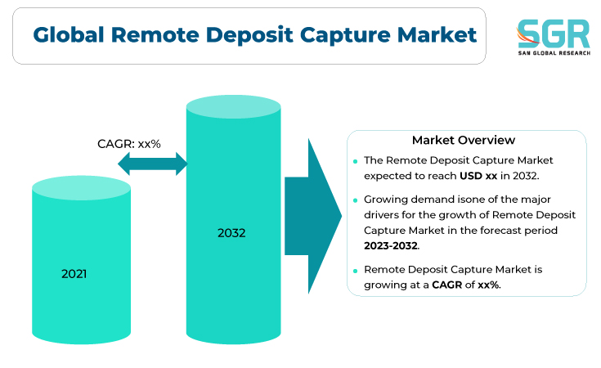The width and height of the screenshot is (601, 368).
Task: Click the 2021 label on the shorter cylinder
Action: click(x=74, y=274)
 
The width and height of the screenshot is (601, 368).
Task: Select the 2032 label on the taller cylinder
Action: click(x=231, y=233)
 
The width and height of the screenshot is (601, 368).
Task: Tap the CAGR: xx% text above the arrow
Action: click(x=129, y=144)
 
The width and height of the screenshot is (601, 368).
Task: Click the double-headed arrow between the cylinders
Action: click(x=153, y=164)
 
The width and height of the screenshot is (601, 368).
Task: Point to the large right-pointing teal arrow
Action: click(x=313, y=216)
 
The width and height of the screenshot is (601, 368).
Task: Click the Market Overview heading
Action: click(x=464, y=140)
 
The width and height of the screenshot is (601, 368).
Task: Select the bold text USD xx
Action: click(x=478, y=176)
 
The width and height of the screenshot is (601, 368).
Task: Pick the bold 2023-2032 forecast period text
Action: click(x=391, y=245)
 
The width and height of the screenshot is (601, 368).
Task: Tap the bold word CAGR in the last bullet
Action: click(x=447, y=285)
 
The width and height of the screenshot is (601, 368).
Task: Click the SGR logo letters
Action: click(x=553, y=34)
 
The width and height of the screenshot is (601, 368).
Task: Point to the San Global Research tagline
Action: click(x=554, y=53)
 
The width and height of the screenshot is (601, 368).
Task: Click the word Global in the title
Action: click(x=69, y=34)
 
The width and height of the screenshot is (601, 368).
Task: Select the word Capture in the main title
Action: click(x=345, y=36)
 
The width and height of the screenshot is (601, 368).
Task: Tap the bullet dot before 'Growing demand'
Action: click(x=356, y=200)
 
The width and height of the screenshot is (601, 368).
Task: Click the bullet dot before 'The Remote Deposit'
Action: click(x=356, y=161)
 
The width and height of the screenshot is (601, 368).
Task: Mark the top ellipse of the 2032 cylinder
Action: click(x=233, y=106)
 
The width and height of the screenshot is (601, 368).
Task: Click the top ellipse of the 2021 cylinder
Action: click(x=81, y=188)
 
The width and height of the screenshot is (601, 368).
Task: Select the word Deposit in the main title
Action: click(x=249, y=36)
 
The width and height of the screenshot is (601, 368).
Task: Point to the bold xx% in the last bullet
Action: click(x=489, y=285)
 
